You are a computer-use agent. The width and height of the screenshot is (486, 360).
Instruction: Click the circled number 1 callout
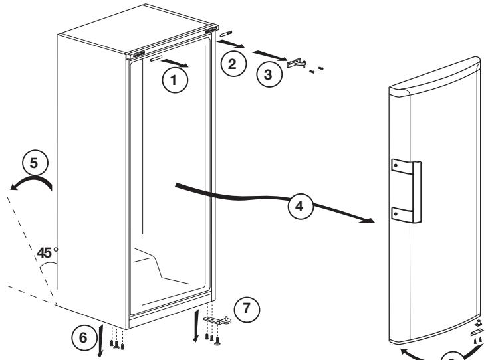click(x=175, y=80)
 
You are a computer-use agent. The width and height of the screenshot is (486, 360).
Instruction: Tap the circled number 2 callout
click(x=233, y=64)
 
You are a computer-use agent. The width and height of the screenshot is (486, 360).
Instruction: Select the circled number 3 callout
click(x=269, y=74)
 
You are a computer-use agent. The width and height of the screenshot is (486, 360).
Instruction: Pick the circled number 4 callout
click(x=301, y=206)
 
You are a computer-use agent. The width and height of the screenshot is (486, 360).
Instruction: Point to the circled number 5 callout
click(x=35, y=163)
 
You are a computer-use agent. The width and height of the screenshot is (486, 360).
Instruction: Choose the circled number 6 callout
click(x=84, y=337)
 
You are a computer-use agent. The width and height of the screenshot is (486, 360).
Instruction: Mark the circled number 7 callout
click(x=247, y=310)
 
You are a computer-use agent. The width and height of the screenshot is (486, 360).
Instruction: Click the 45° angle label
click(x=47, y=253)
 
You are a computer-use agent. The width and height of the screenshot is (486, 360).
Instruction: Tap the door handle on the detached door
click(x=406, y=191)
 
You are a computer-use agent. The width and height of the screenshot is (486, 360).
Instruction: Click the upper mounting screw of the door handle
click(x=396, y=165)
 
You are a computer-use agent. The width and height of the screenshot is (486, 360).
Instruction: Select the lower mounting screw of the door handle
click(x=396, y=213)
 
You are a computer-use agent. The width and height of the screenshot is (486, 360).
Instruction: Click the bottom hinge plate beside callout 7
click(x=217, y=320)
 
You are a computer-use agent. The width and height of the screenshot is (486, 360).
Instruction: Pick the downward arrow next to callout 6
click(x=101, y=340)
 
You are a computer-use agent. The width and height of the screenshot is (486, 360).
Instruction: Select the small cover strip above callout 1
click(x=156, y=59)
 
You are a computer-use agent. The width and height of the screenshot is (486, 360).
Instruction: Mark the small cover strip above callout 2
click(x=226, y=34)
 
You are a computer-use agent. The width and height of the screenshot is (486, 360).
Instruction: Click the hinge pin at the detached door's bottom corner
click(x=479, y=323)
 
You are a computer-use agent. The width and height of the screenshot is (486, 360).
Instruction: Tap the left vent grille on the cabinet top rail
click(x=138, y=54)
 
